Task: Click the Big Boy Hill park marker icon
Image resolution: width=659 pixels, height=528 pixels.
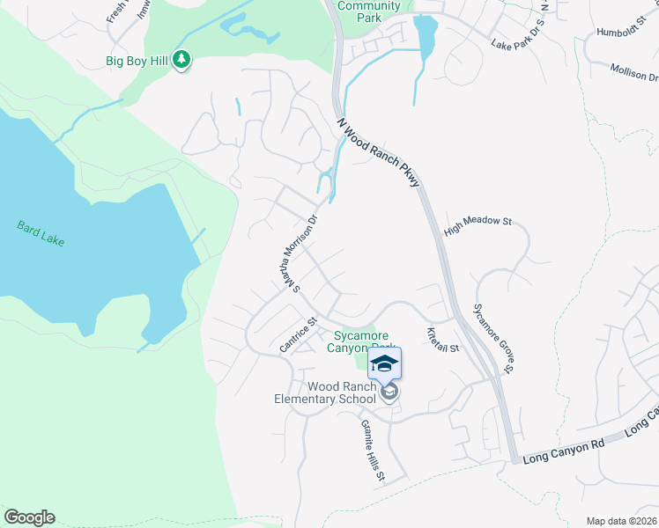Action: point(181,61)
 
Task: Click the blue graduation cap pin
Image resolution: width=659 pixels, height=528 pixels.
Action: point(383,364)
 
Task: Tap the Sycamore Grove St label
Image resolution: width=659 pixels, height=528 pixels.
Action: point(493,338)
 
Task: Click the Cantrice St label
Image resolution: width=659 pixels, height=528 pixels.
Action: point(297,337)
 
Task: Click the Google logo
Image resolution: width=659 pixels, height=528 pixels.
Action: point(29,517)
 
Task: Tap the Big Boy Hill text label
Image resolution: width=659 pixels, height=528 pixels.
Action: point(137,62)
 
